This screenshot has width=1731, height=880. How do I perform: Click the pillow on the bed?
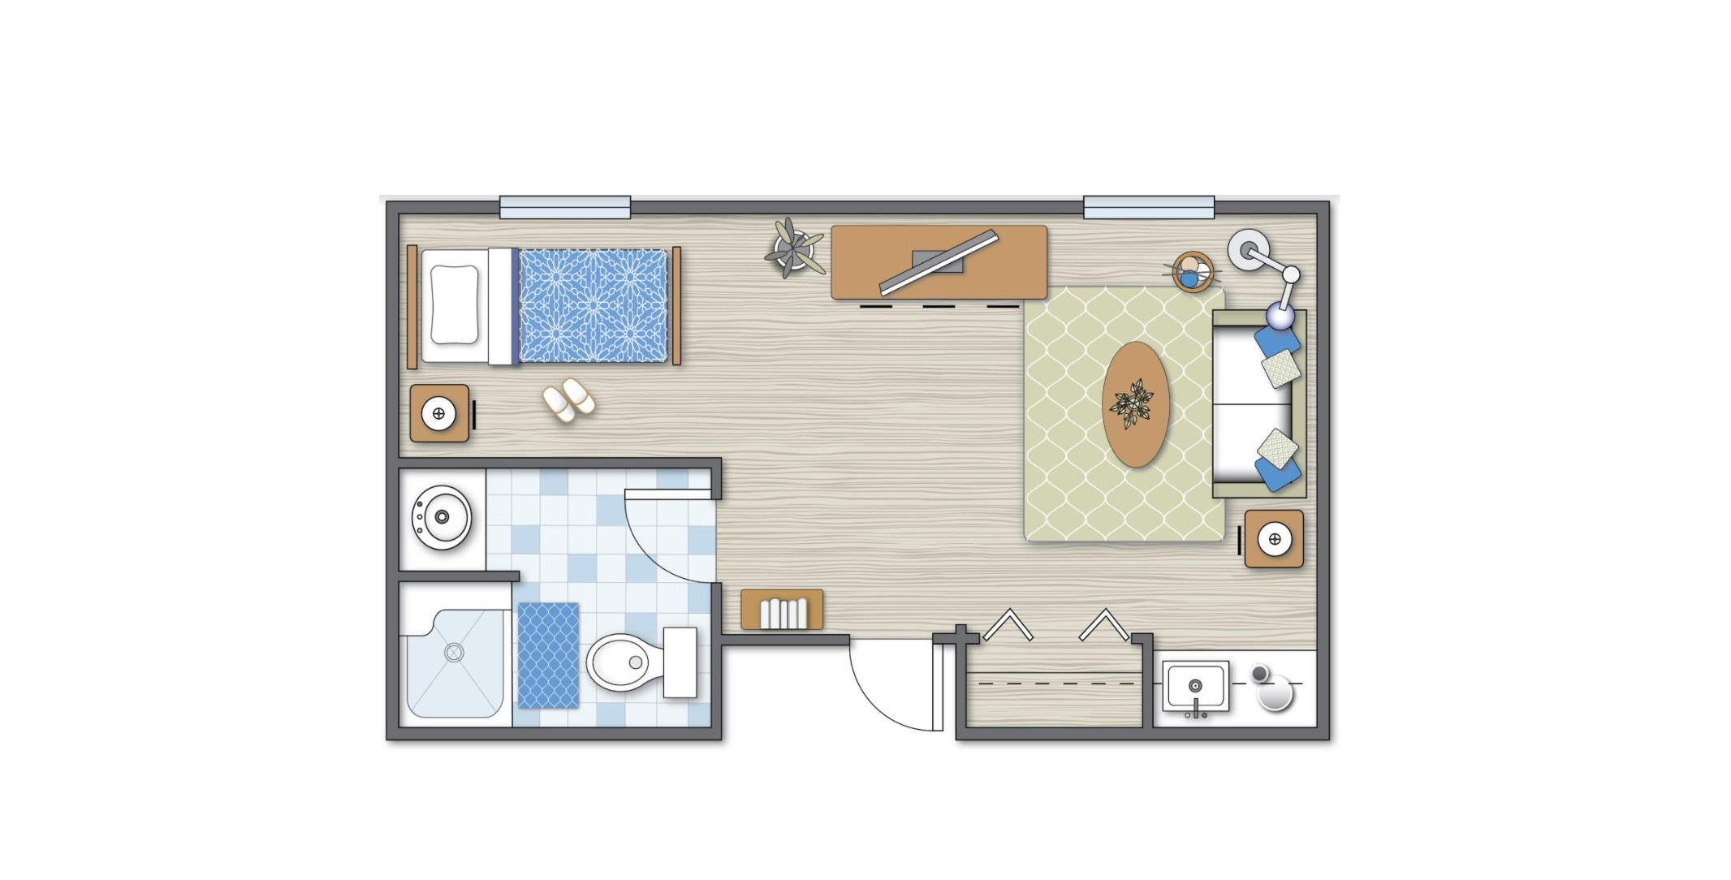point(454,305)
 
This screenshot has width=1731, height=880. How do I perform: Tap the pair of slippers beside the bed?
point(568,399)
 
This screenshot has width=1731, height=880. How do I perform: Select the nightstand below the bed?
point(439,413)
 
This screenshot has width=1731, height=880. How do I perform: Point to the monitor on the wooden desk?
point(939,262)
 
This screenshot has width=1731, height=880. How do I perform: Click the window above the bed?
point(565,207)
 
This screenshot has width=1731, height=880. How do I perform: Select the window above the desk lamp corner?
point(1149,207)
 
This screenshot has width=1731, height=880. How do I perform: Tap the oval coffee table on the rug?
point(1136,403)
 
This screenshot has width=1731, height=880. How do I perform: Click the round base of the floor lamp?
point(1247,249)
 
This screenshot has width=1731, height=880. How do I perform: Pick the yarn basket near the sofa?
point(1193,271)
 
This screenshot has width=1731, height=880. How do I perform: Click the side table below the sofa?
point(1274,539)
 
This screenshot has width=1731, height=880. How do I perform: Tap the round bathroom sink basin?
point(442,516)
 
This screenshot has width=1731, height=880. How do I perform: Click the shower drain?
point(454,652)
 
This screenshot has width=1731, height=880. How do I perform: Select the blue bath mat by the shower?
point(548,655)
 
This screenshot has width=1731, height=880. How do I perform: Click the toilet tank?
point(680,662)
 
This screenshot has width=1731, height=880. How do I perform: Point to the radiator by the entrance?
point(782,610)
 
